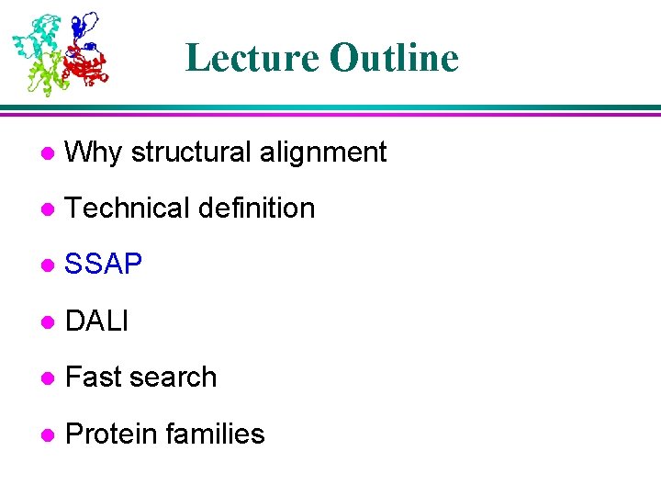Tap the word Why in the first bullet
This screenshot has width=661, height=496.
(95, 152)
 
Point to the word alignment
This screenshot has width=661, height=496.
(322, 152)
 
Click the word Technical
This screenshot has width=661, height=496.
(127, 209)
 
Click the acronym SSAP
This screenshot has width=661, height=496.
(104, 265)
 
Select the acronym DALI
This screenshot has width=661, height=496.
(97, 321)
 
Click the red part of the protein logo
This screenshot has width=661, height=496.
(87, 66)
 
